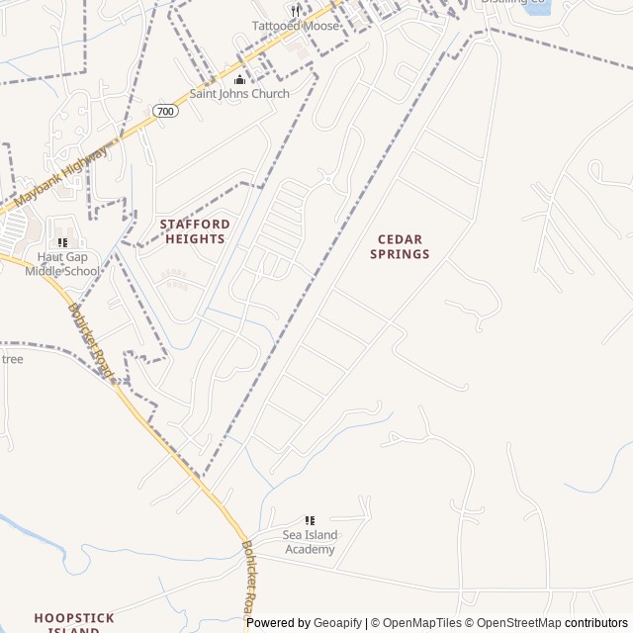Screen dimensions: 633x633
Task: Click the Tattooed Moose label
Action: [x=295, y=26]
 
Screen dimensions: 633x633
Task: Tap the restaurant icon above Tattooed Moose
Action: [x=295, y=11]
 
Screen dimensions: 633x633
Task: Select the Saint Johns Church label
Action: [x=239, y=94]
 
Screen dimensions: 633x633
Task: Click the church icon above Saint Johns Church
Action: [x=238, y=79]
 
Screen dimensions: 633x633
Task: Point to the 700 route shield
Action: [x=166, y=111]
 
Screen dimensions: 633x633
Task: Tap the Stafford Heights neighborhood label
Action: [x=195, y=231]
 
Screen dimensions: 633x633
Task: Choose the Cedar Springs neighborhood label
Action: [x=400, y=246]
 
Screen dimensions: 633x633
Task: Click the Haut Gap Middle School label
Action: [x=62, y=264]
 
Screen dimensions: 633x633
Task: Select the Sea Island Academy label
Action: [x=310, y=542]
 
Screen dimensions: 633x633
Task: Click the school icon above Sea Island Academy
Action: [x=310, y=520]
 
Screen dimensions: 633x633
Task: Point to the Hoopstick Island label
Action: [x=74, y=622]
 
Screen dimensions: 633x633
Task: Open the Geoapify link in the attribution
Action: [x=337, y=623]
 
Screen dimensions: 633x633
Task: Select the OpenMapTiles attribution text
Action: [x=421, y=623]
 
